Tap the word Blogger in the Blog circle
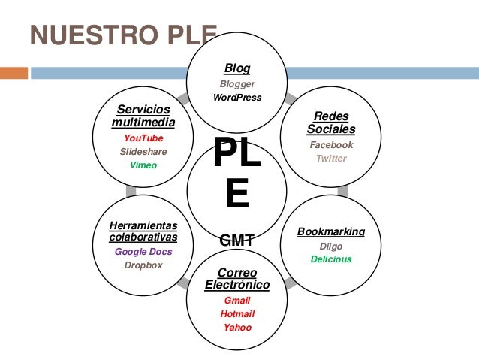237,84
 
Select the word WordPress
237,98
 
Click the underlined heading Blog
237,68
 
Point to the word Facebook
331,144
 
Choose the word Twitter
331,159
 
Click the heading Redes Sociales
331,123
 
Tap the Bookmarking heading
331,231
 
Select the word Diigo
331,246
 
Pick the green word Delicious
331,259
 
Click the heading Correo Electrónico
237,278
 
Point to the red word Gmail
237,300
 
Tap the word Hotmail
237,313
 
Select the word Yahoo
237,327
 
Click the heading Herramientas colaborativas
143,231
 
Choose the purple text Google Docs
143,252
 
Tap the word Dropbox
143,265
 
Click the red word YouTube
143,138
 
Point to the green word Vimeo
143,165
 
